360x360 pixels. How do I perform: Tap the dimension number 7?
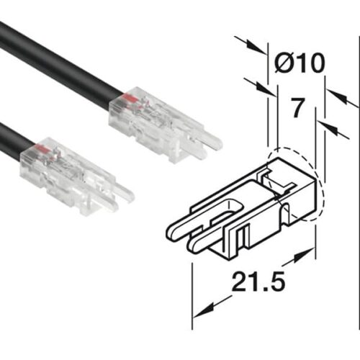[296, 109]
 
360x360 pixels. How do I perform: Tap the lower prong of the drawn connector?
[194, 248]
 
